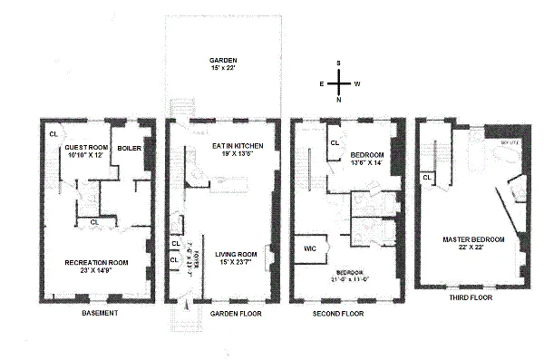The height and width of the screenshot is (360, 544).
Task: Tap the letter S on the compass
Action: [338, 63]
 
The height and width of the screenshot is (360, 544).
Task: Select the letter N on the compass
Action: [338, 101]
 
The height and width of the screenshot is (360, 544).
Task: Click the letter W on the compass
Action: [357, 83]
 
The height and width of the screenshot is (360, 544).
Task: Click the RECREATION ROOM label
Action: [96, 263]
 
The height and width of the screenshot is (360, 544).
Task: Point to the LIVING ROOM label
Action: [236, 257]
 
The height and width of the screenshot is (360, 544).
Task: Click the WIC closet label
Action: [305, 245]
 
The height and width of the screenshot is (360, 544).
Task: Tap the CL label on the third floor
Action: [426, 177]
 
